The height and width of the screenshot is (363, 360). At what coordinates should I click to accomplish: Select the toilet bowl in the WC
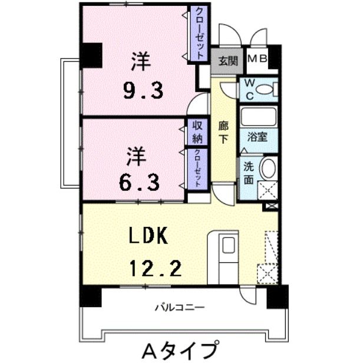pyautogui.click(x=266, y=89)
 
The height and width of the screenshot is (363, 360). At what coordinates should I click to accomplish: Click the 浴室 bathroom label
pyautogui.click(x=257, y=137)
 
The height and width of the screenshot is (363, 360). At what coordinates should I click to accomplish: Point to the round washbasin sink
pyautogui.click(x=267, y=169)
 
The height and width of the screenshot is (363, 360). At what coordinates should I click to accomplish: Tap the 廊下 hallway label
pyautogui.click(x=223, y=133)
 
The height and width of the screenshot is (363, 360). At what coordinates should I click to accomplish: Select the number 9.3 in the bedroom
pyautogui.click(x=142, y=90)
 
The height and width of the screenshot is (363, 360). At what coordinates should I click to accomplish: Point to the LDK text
pyautogui.click(x=148, y=236)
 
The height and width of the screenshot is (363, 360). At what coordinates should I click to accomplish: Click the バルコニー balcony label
pyautogui.click(x=180, y=307)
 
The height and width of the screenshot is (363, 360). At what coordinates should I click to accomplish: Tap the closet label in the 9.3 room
pyautogui.click(x=199, y=34)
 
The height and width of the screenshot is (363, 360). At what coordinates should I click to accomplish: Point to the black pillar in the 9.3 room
pyautogui.click(x=91, y=54)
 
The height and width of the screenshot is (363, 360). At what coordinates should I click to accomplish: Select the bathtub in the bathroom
pyautogui.click(x=257, y=117)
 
